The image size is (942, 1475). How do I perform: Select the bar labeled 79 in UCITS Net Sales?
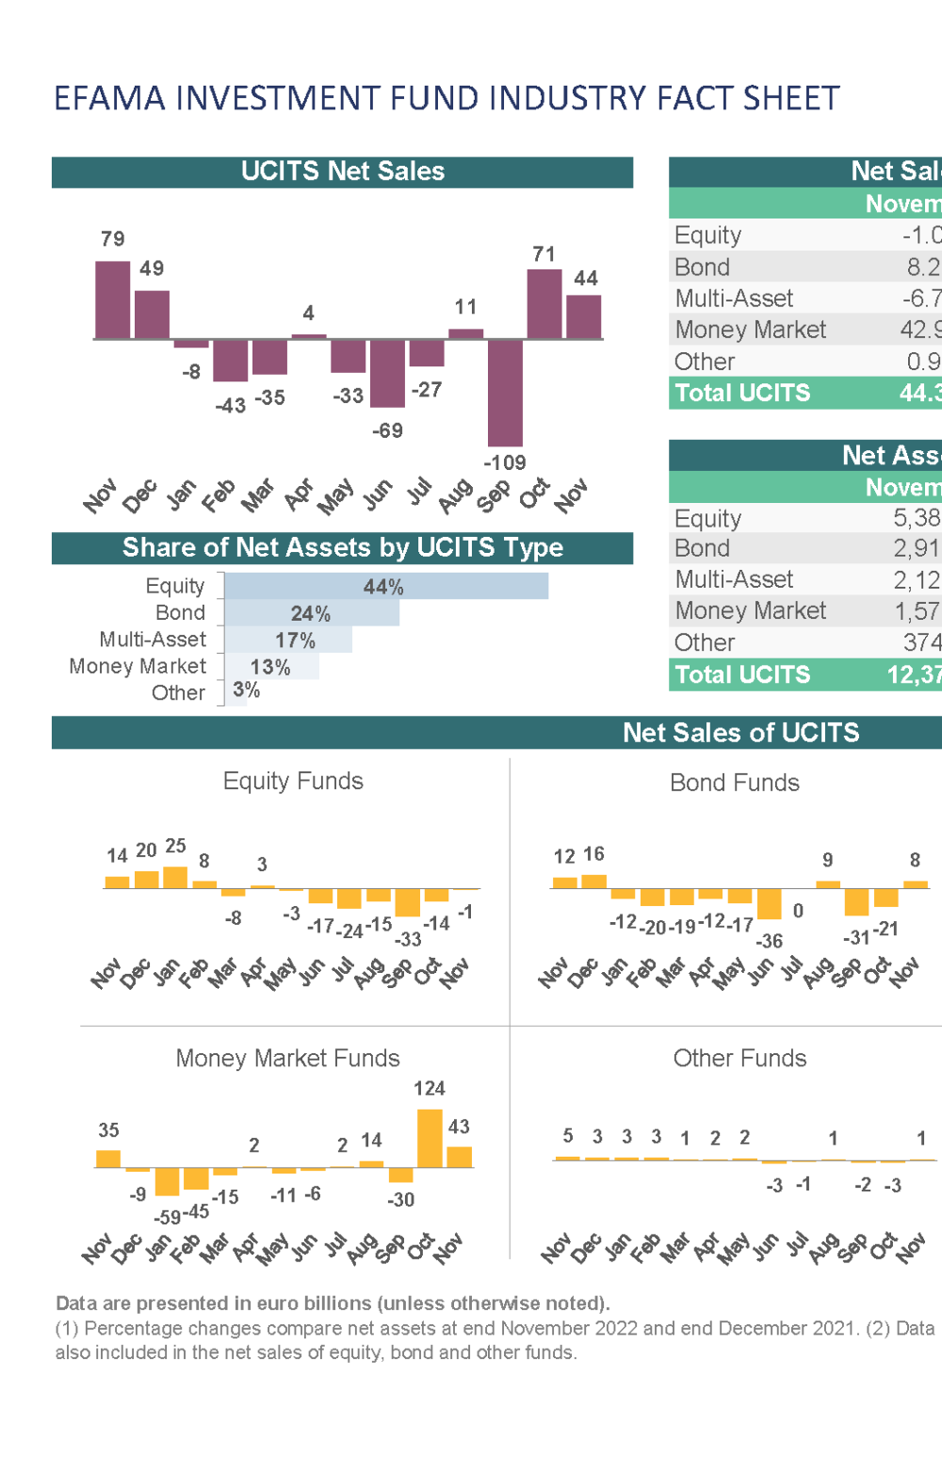(113, 300)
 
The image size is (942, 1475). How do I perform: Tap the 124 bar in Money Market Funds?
(430, 1138)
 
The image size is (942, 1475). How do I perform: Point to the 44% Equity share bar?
(386, 586)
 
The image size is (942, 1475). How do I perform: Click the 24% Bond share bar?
(312, 613)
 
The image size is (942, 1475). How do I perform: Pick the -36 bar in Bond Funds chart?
(770, 904)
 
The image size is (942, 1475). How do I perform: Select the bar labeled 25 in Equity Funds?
(175, 877)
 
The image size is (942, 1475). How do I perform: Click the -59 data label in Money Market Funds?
(168, 1216)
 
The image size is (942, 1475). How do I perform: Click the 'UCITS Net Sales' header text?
(342, 171)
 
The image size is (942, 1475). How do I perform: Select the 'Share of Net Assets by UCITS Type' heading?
(342, 548)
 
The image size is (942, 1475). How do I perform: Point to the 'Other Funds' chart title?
(739, 1059)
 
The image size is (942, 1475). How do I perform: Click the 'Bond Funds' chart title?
(734, 783)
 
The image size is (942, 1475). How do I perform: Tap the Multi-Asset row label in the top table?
(734, 299)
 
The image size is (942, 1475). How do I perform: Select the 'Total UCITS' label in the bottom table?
(742, 674)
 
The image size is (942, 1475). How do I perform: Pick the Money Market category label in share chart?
(138, 666)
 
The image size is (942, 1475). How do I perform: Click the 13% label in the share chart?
(270, 667)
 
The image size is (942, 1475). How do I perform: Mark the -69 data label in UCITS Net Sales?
(387, 430)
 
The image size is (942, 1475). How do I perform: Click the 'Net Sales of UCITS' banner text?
(740, 733)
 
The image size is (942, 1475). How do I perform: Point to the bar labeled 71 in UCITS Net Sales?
(544, 303)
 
